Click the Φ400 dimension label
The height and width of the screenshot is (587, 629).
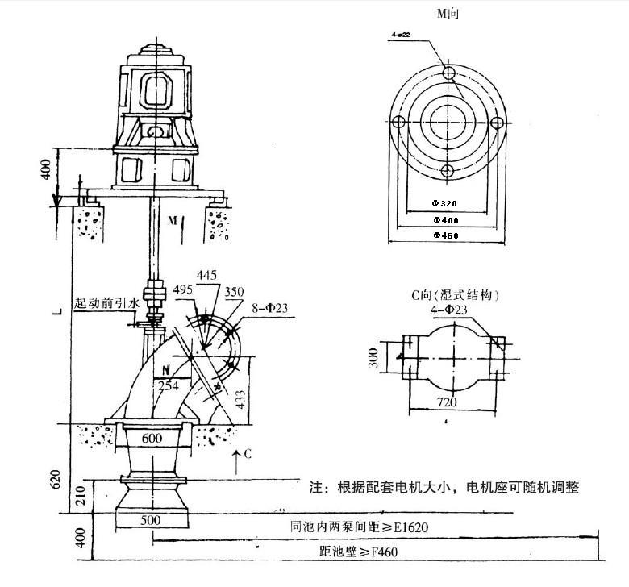pos(446,220)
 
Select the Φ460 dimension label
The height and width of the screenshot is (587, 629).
pos(446,235)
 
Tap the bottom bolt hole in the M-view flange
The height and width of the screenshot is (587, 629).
pos(448,170)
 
